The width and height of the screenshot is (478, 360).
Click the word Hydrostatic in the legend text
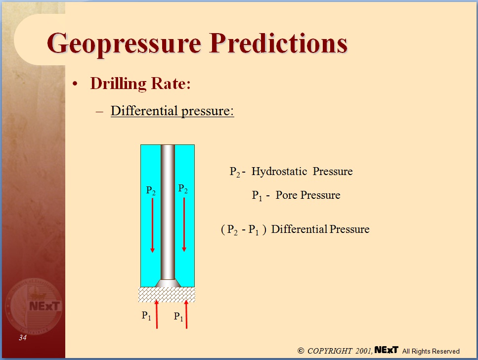tap(279, 172)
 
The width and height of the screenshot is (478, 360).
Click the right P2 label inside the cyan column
tap(183, 189)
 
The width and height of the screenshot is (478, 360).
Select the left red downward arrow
tap(152, 225)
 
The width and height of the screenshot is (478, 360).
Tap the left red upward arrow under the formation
tap(157, 314)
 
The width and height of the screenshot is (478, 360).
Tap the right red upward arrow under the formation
tap(186, 314)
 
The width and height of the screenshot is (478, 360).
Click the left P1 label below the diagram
tap(146, 315)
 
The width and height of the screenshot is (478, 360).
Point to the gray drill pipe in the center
tap(168, 213)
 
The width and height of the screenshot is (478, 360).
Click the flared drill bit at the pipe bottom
tap(168, 282)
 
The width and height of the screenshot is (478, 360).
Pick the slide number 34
tap(23, 338)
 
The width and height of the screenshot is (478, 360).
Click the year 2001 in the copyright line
tap(363, 351)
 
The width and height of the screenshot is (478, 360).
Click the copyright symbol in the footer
tap(301, 351)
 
